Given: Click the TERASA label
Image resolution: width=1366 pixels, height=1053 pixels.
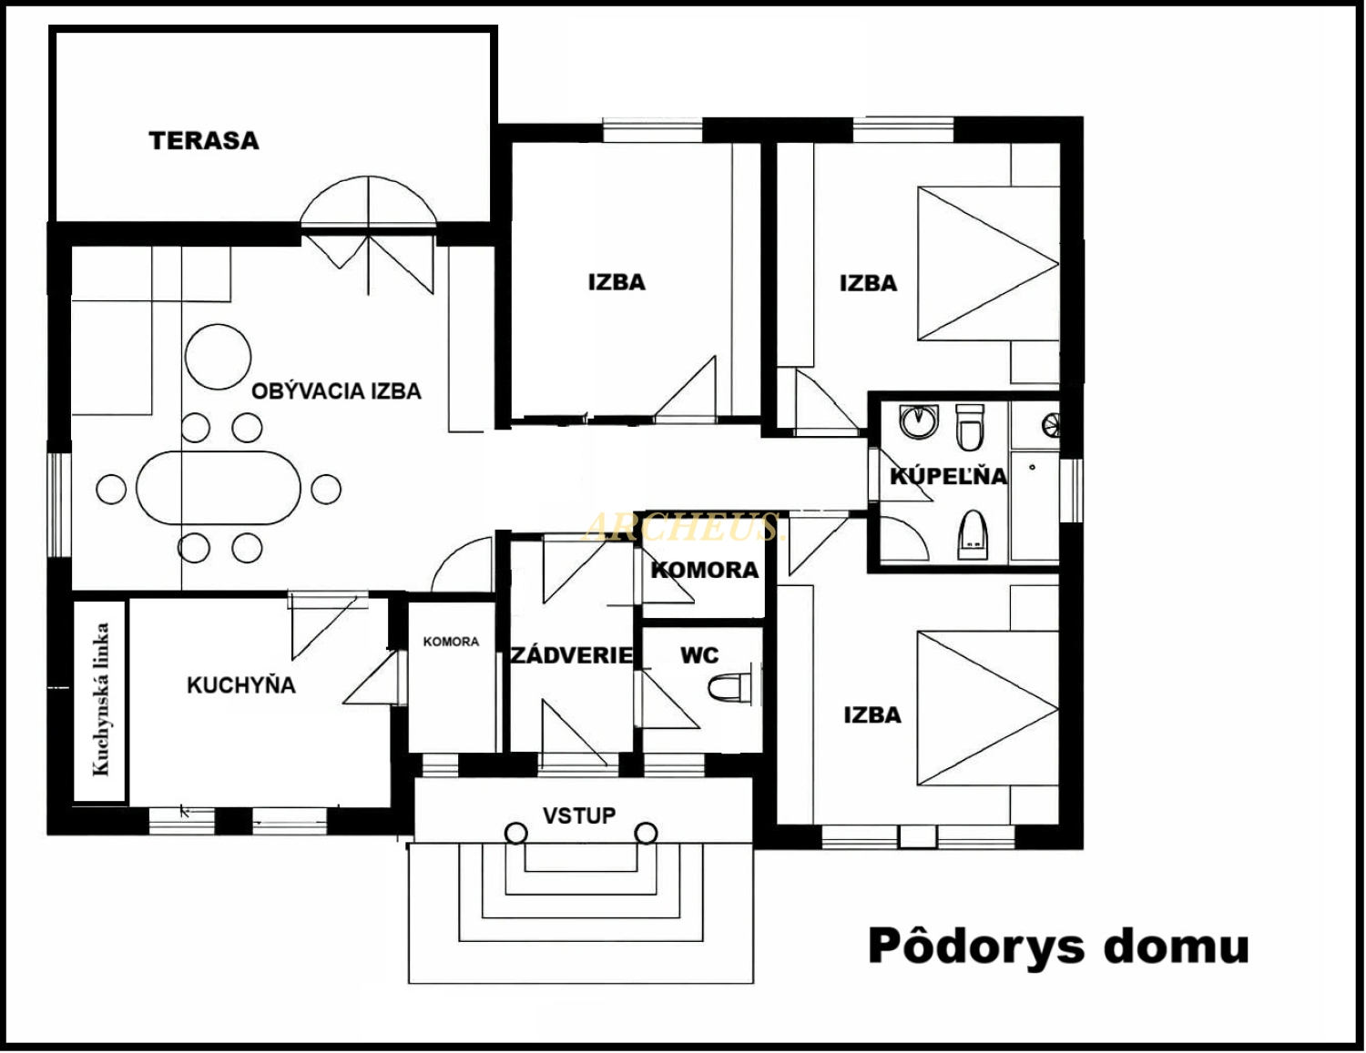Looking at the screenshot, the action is (x=204, y=141).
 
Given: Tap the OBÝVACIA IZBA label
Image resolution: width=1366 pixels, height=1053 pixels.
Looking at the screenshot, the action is (x=336, y=391).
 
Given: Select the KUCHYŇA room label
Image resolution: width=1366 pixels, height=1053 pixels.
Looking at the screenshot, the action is (x=241, y=684).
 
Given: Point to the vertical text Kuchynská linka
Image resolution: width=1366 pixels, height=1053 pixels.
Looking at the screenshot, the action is (x=100, y=699).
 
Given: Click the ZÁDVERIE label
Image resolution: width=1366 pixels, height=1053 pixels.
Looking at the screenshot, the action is (x=571, y=655).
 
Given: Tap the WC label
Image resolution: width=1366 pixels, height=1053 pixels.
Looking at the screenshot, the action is (x=699, y=655).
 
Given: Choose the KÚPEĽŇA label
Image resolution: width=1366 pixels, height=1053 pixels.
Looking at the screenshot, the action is (x=948, y=476).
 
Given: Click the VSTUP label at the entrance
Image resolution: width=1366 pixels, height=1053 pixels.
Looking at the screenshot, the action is (x=579, y=815).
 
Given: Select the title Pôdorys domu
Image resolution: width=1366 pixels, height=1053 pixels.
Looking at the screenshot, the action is (x=1058, y=947).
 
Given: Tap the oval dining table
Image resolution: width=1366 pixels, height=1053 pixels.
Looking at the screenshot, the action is (x=219, y=488).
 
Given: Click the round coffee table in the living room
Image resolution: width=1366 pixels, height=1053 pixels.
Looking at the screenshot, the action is (x=219, y=357).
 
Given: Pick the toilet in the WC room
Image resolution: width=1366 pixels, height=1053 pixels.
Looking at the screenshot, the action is (x=729, y=688).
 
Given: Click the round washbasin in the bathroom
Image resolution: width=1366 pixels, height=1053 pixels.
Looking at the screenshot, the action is (x=919, y=421).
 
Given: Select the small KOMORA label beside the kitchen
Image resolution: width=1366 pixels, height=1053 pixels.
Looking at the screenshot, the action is (x=451, y=642).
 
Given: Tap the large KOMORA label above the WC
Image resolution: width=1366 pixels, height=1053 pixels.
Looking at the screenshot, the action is (x=705, y=570).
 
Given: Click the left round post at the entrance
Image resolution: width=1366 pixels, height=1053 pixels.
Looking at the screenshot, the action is (x=516, y=833).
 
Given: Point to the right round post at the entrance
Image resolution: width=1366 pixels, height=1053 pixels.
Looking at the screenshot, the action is (x=646, y=833).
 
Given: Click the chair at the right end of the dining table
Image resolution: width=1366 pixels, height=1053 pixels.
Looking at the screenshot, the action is (x=326, y=489).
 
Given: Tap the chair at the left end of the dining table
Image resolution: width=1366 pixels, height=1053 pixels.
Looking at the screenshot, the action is (x=111, y=489).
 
